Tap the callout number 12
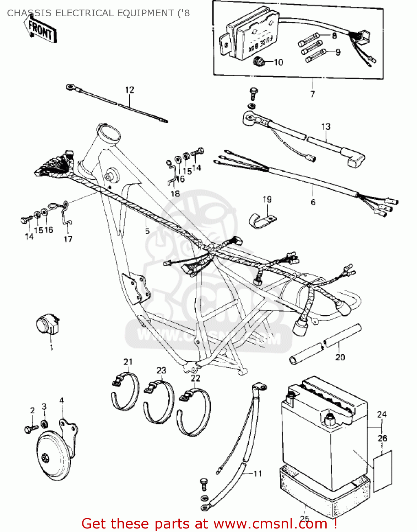point(130,90)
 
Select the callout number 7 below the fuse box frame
point(313,94)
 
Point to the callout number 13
point(326,127)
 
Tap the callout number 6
point(313,202)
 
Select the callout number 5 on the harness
point(147,231)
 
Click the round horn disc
point(53,458)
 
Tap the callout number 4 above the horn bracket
point(61,401)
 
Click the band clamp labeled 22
point(194,411)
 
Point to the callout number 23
point(161,370)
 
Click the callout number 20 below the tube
point(340,357)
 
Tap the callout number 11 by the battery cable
point(258,473)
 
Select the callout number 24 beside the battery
point(382,414)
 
